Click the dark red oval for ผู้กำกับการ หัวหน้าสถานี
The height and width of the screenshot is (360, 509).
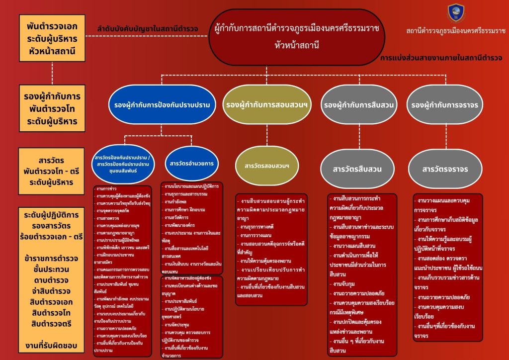(x=297, y=37)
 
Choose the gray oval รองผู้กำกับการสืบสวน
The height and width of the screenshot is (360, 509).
(x=359, y=105)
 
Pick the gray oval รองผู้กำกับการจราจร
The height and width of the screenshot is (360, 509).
(x=445, y=105)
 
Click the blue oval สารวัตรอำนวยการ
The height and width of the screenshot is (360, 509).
(x=191, y=163)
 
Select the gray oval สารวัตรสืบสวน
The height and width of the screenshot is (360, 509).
(x=357, y=169)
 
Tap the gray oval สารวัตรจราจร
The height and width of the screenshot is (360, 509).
(x=445, y=169)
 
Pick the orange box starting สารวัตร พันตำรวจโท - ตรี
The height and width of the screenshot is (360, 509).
(x=53, y=170)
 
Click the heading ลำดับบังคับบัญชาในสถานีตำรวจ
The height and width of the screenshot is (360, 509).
(x=148, y=28)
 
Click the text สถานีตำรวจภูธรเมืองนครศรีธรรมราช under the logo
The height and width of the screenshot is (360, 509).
(x=455, y=31)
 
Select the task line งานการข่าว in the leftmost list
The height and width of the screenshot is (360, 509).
(x=107, y=189)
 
